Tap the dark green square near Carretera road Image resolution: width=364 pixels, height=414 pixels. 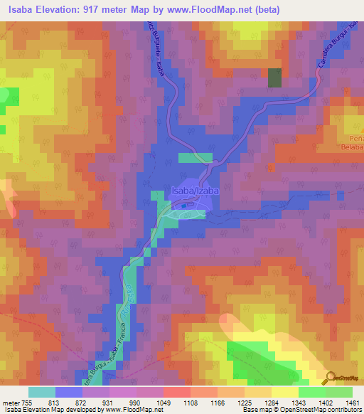point(274,78)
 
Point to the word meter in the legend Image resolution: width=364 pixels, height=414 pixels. point(13,403)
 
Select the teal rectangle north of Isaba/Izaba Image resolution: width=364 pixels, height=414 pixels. point(195,158)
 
